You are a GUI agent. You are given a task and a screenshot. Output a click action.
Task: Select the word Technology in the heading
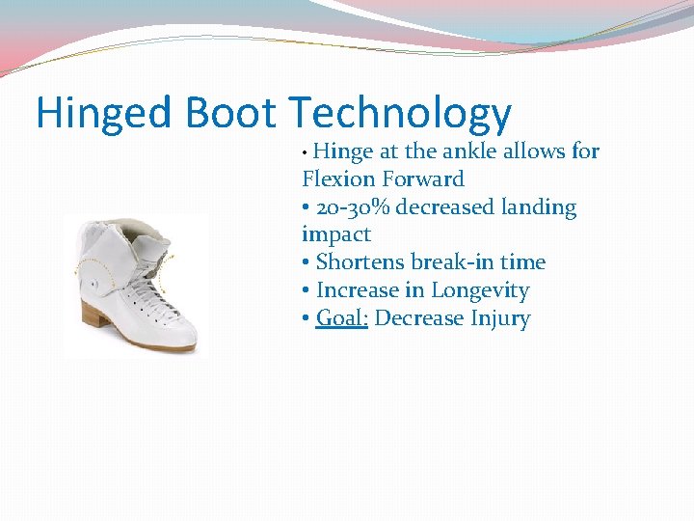tap(399, 115)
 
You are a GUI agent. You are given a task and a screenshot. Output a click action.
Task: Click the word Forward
tap(422, 179)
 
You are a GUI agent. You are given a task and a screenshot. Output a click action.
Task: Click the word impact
tap(335, 235)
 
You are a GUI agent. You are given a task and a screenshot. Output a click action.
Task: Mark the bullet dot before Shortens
tap(307, 263)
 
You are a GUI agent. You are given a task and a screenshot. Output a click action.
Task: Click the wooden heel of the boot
tap(93, 317)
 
